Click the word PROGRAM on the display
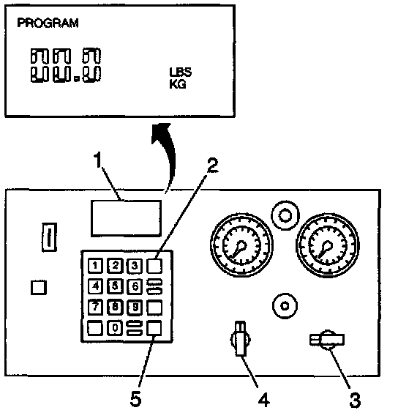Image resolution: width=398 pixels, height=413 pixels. [x=48, y=23]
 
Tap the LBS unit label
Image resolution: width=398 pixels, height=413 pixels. [x=181, y=72]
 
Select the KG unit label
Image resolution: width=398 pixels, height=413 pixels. [x=178, y=84]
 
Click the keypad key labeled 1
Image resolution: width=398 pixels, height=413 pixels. [x=95, y=266]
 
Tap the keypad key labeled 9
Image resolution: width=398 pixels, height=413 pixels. [x=135, y=307]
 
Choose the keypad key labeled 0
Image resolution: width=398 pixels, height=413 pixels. [x=115, y=328]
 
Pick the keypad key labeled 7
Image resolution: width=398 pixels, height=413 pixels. [x=95, y=307]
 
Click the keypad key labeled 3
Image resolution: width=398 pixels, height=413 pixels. [x=135, y=266]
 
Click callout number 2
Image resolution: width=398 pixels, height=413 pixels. [x=213, y=165]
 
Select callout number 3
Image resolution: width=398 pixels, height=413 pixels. [x=355, y=400]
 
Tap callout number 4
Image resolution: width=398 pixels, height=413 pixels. [x=264, y=400]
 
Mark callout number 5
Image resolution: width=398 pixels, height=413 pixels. [x=136, y=399]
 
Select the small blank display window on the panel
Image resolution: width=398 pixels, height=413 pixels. [x=126, y=218]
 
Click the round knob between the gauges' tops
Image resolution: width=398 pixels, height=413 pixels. [x=285, y=215]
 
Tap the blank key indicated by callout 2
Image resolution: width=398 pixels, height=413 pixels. [x=154, y=266]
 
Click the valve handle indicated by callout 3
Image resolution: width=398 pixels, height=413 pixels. [x=327, y=340]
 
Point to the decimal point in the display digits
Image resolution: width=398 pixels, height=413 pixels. [x=77, y=79]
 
